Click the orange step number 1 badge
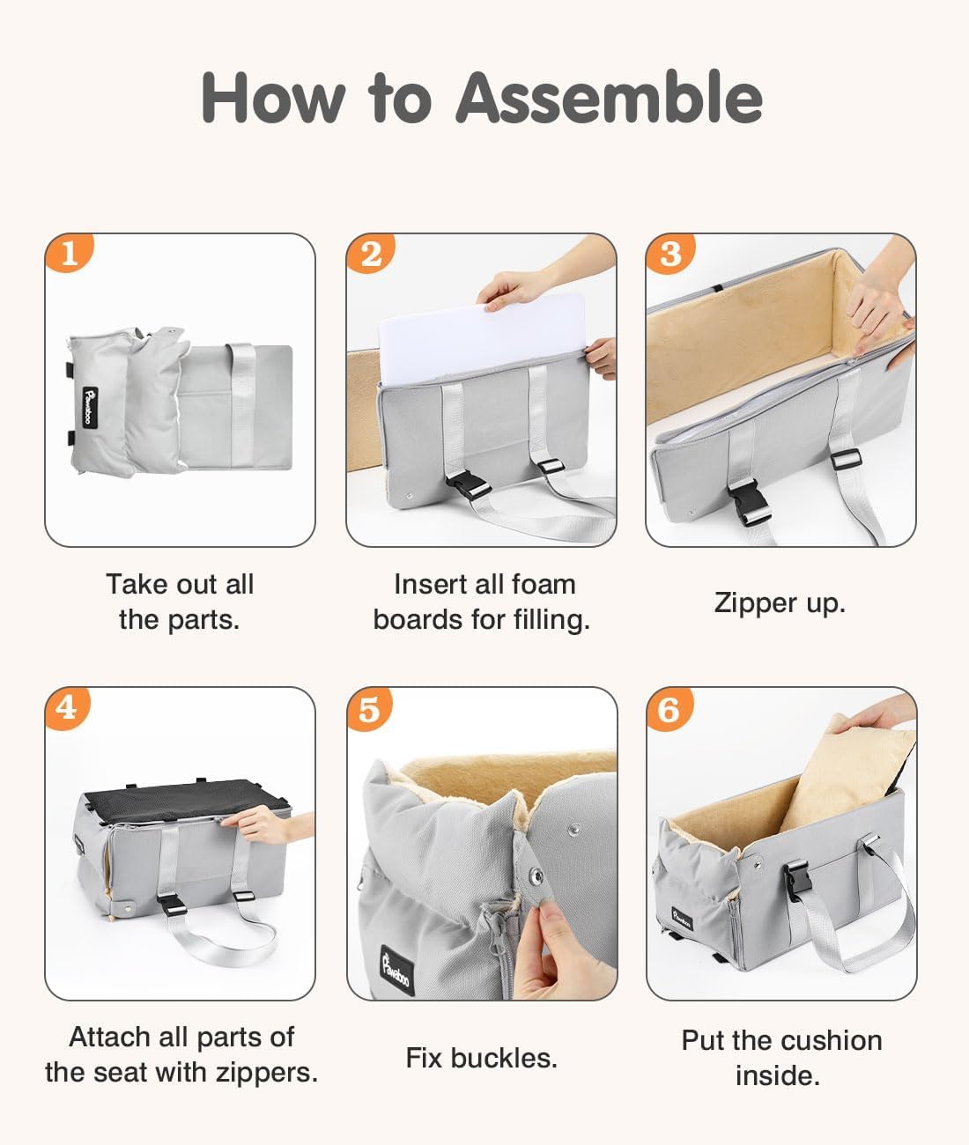click(x=69, y=253)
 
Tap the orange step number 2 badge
click(x=370, y=253)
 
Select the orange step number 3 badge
click(x=669, y=253)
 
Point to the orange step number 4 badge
click(x=67, y=708)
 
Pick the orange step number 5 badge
click(x=369, y=709)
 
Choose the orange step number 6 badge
click(x=669, y=709)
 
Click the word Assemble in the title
click(x=609, y=98)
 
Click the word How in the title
click(x=273, y=98)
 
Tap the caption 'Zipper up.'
click(x=780, y=603)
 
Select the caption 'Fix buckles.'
click(x=482, y=1058)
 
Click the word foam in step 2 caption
click(x=544, y=585)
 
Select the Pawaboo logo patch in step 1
click(x=90, y=407)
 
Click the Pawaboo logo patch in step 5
click(x=396, y=969)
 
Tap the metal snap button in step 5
click(x=536, y=876)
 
